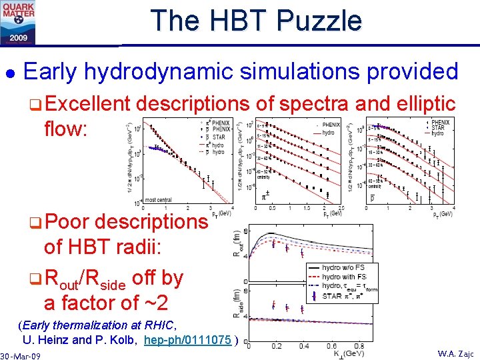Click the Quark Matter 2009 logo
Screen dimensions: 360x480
pyautogui.click(x=19, y=21)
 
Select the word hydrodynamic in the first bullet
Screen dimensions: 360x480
pyautogui.click(x=189, y=72)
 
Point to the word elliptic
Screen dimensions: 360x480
pyautogui.click(x=426, y=103)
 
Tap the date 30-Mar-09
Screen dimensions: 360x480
pyautogui.click(x=21, y=356)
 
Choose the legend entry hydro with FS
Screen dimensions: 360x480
pyautogui.click(x=344, y=276)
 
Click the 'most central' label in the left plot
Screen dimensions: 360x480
pyautogui.click(x=159, y=199)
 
